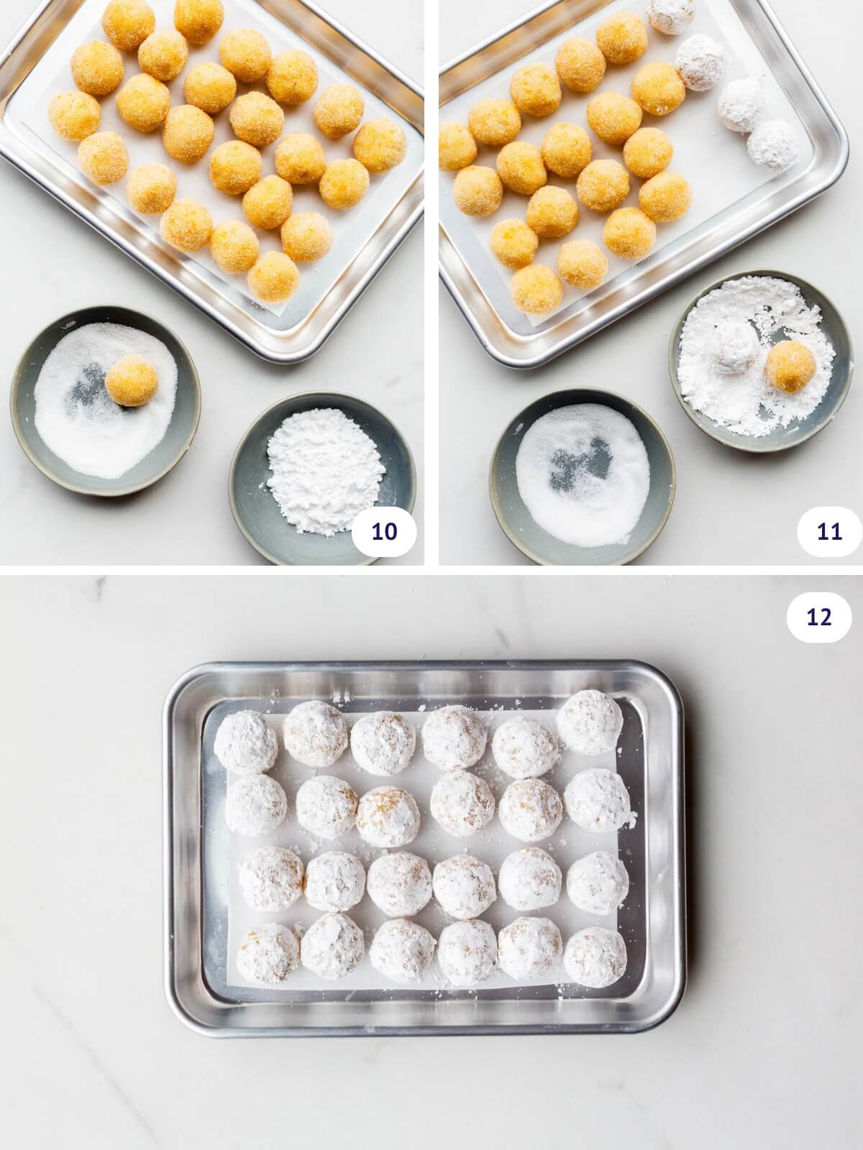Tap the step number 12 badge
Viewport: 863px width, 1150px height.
[819, 617]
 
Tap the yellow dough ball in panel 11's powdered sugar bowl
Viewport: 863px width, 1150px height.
[790, 367]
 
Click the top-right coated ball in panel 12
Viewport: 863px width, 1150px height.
[590, 722]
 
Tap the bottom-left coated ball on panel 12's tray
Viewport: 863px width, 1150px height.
[268, 952]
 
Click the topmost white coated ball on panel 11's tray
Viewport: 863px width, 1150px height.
[670, 14]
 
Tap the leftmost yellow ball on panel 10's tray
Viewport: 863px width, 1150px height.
[74, 115]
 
